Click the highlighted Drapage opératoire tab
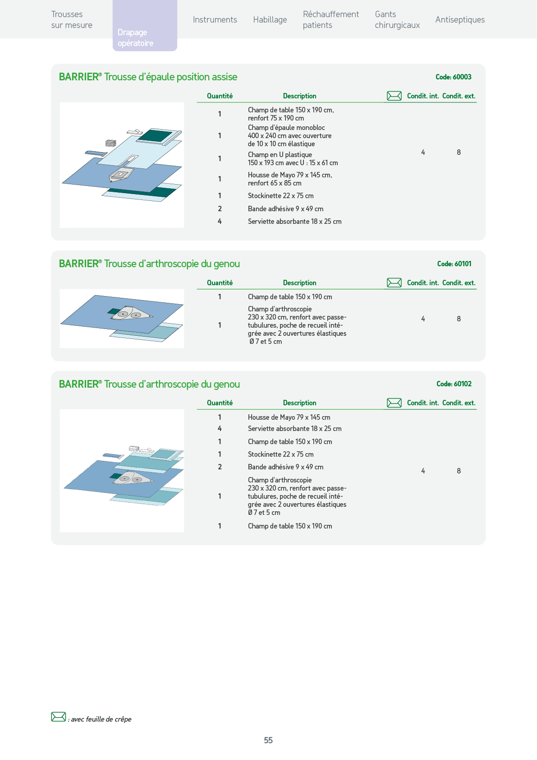pyautogui.click(x=145, y=25)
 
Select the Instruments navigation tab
pyautogui.click(x=215, y=20)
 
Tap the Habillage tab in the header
pyautogui.click(x=270, y=20)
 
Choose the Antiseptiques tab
pyautogui.click(x=460, y=20)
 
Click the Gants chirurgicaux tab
pyautogui.click(x=397, y=20)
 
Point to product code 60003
pyautogui.click(x=454, y=77)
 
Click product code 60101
pyautogui.click(x=454, y=264)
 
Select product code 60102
pyautogui.click(x=454, y=384)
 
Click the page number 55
pyautogui.click(x=268, y=740)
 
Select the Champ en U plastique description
pyautogui.click(x=293, y=158)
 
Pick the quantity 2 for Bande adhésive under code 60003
pyautogui.click(x=220, y=209)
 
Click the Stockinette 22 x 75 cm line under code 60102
pyautogui.click(x=281, y=454)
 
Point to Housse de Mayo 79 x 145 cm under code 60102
pyautogui.click(x=289, y=417)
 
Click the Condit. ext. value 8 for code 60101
pyautogui.click(x=459, y=319)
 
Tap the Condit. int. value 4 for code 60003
pyautogui.click(x=423, y=153)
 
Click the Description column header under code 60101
pyautogui.click(x=300, y=283)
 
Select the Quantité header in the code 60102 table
pyautogui.click(x=220, y=403)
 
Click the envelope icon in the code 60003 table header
pyautogui.click(x=394, y=96)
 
